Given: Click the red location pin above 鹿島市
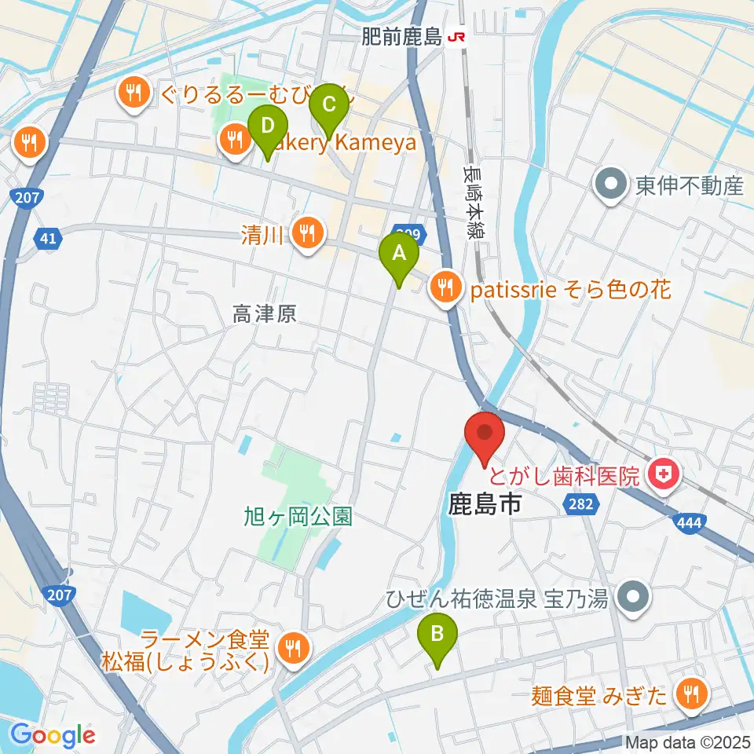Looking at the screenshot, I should [485, 436].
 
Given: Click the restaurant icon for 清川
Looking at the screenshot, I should [308, 233].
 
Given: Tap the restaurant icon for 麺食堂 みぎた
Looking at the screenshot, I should [692, 695].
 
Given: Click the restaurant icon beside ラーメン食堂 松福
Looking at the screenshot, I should [294, 649].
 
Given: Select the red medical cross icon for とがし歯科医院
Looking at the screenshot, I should [664, 474].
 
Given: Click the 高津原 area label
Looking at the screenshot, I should [264, 315].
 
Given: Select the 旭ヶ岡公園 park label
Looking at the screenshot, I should [298, 517].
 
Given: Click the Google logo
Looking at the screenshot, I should [53, 736].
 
